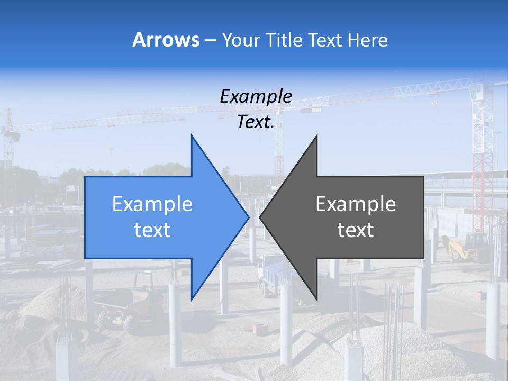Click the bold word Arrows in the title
166,40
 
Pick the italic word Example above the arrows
256,97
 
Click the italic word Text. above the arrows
256,122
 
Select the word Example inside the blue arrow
152,204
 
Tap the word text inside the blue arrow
152,230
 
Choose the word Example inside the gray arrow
356,204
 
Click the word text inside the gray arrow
356,230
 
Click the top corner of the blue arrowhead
192,136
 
